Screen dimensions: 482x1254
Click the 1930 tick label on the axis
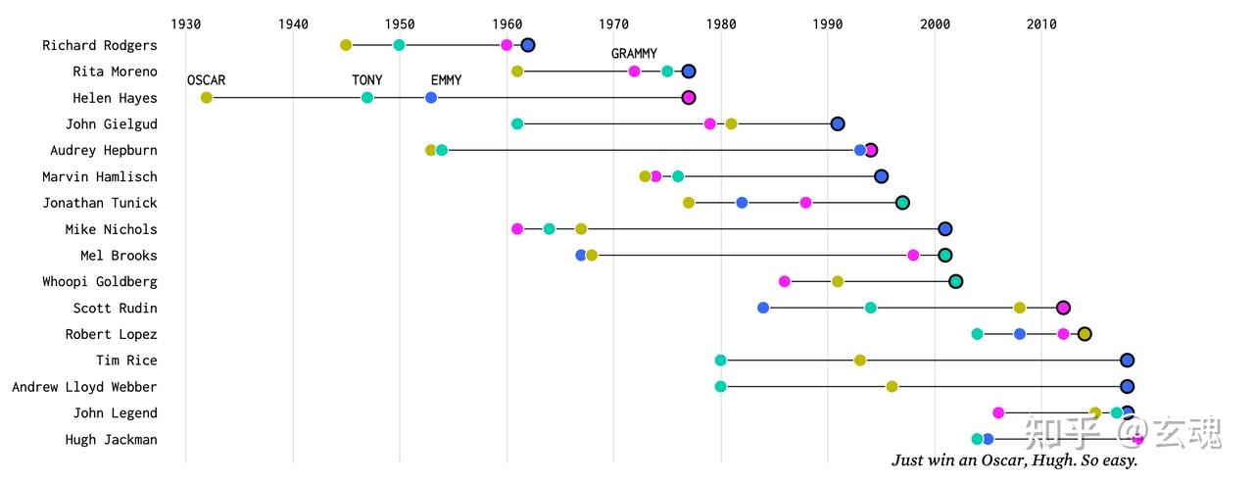185,23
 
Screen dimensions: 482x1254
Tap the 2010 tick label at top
1041,23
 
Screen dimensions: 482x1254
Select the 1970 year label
613,23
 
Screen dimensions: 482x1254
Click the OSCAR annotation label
206,80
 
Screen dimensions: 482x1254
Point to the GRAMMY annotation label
634,54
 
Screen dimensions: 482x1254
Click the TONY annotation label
367,80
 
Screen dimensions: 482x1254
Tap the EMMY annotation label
446,80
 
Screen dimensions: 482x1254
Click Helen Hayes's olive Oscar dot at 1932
207,98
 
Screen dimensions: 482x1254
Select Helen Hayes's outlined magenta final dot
689,98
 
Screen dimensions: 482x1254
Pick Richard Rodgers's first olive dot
346,45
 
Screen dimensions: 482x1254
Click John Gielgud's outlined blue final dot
838,123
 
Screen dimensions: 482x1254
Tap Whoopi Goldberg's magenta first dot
785,281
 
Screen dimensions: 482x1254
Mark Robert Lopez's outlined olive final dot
1085,334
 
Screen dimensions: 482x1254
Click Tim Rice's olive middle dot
860,361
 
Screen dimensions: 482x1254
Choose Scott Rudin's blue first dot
763,308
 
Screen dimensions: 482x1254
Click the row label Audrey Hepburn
103,150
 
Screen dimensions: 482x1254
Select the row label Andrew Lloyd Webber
84,387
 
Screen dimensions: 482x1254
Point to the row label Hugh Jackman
111,440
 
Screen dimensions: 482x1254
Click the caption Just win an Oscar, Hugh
1014,460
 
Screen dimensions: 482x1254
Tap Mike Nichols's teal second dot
550,229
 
